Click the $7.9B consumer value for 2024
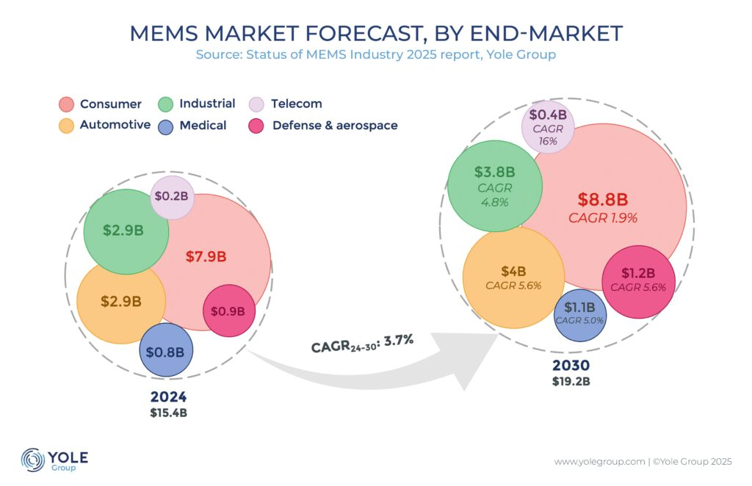point(205,256)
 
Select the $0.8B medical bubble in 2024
point(165,351)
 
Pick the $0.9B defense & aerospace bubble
point(228,311)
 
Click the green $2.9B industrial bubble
point(123,231)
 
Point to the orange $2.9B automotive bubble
point(120,300)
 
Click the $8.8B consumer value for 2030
point(602,200)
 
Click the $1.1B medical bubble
point(579,313)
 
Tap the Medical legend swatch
point(166,126)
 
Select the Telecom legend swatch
point(256,104)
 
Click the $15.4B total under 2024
point(169,413)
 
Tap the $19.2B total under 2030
point(571,381)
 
